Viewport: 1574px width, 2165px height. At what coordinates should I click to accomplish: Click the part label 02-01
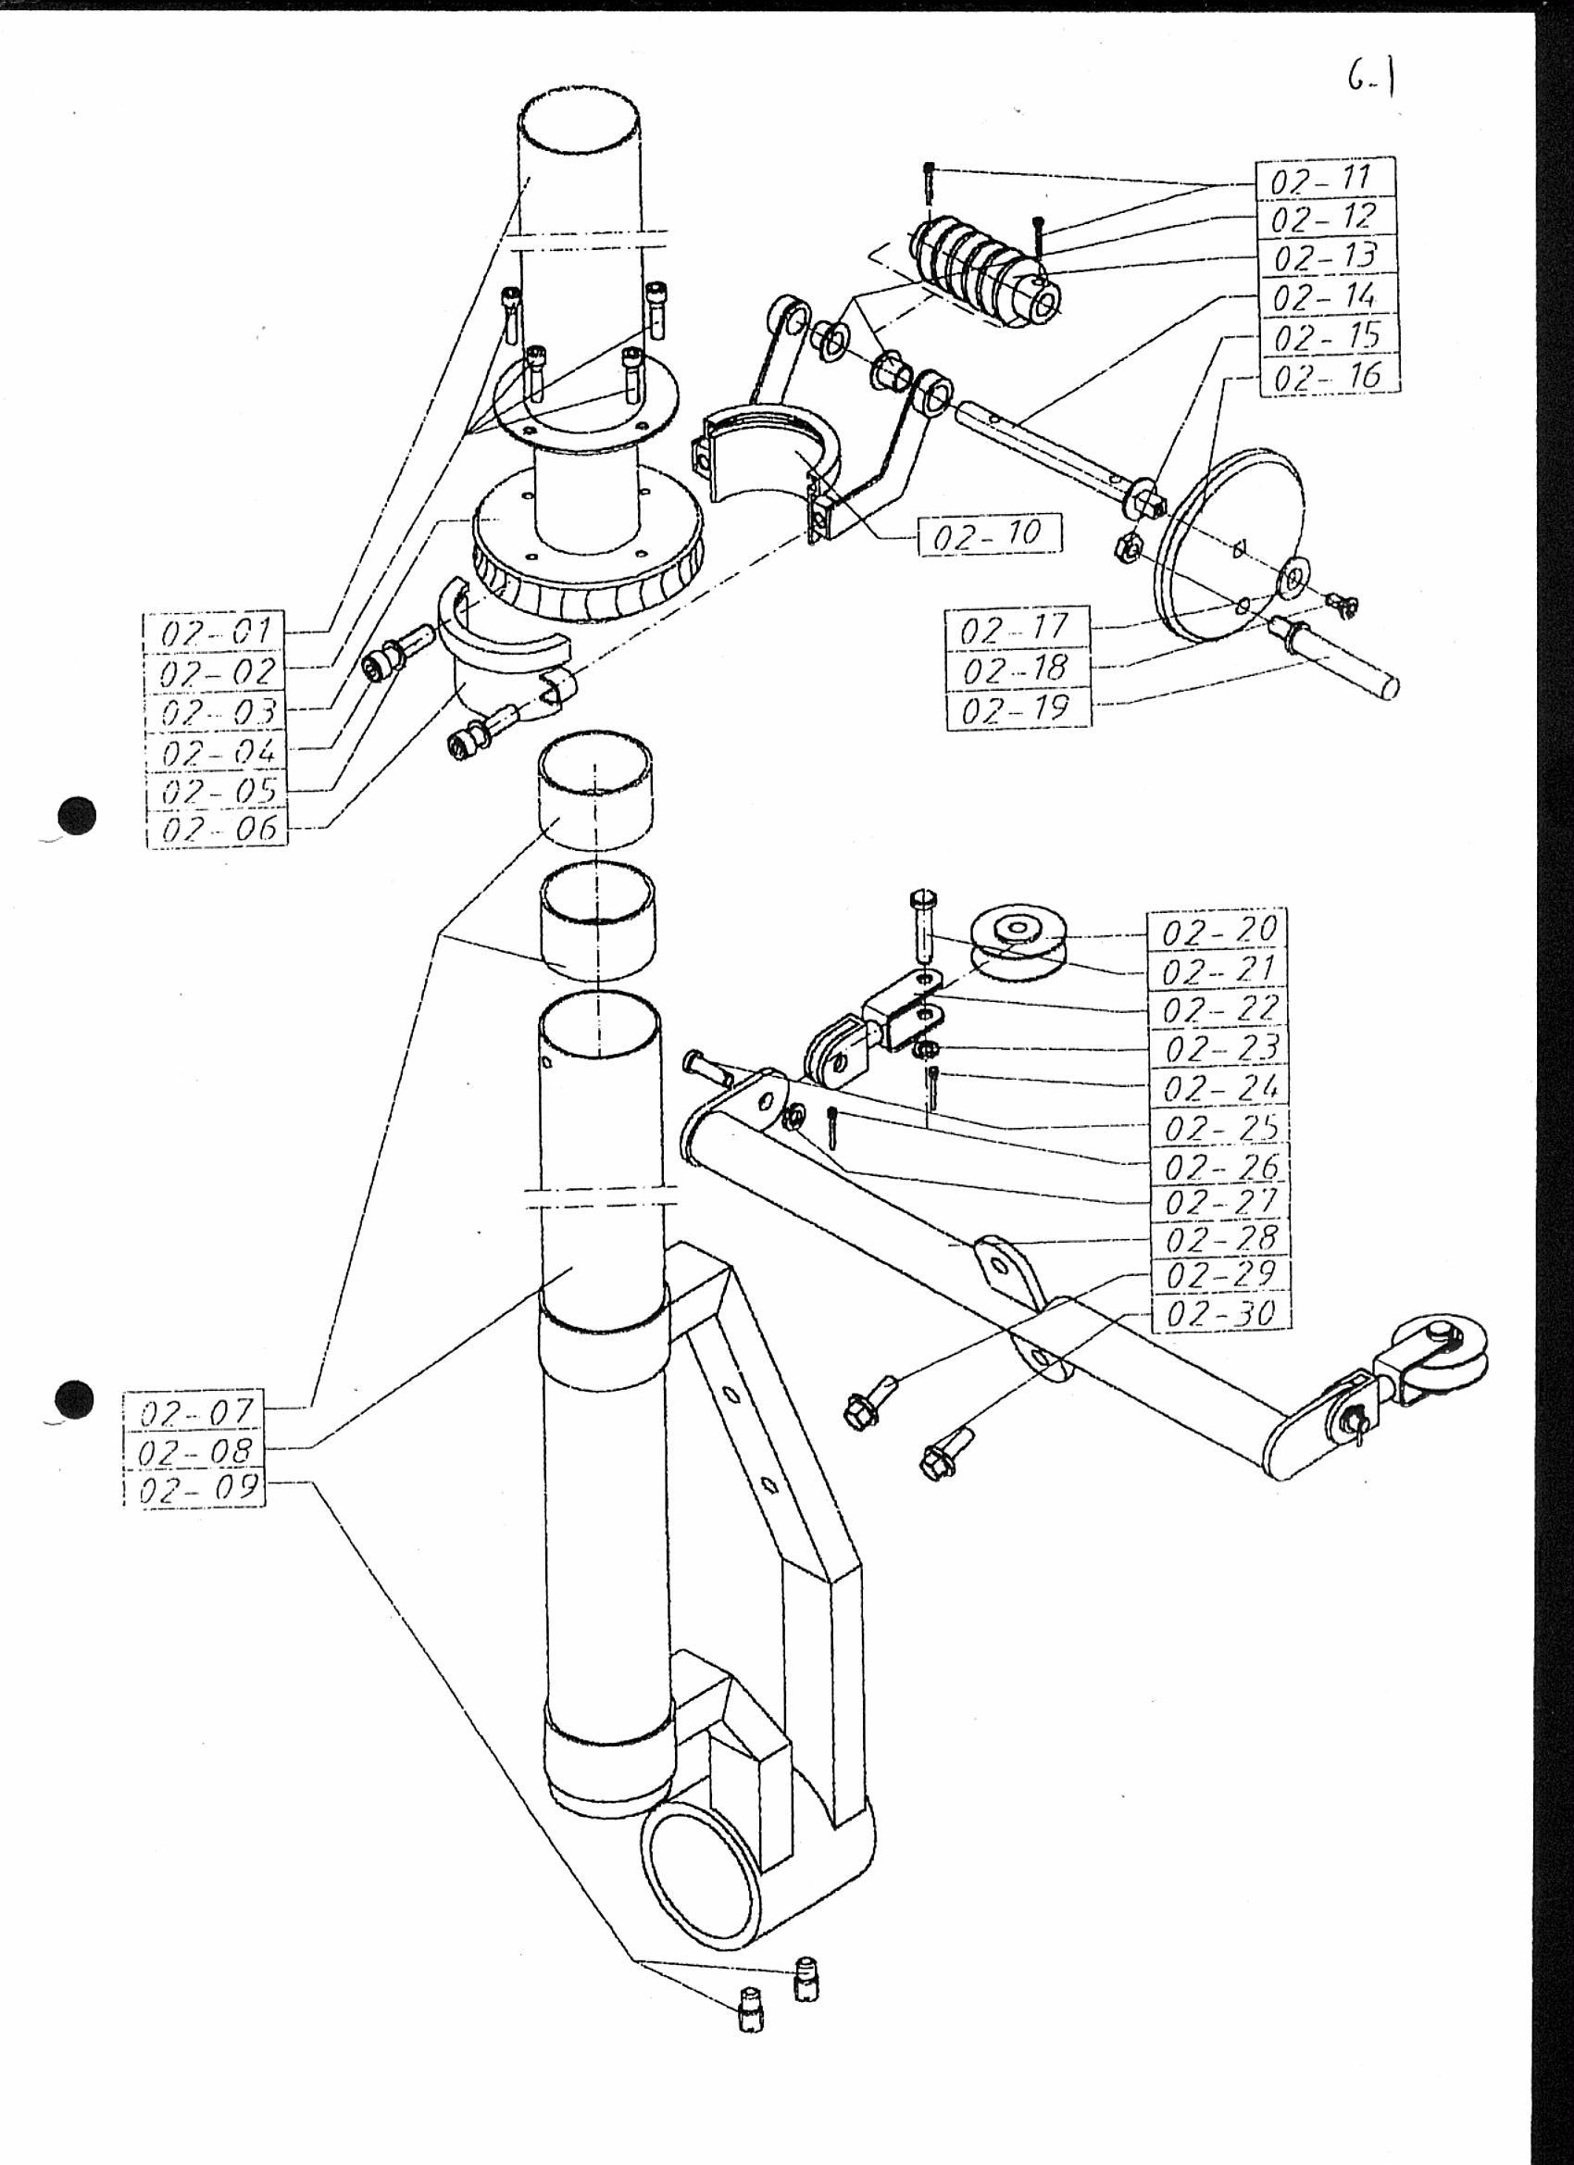216,631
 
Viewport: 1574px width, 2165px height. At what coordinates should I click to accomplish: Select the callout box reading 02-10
990,535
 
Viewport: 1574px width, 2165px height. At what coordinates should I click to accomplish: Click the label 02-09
196,1490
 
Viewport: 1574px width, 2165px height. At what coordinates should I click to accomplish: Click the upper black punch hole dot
78,816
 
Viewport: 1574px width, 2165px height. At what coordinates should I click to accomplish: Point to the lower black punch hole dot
75,1399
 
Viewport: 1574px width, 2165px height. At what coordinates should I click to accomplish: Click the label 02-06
218,829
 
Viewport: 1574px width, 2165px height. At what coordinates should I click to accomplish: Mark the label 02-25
1221,1127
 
